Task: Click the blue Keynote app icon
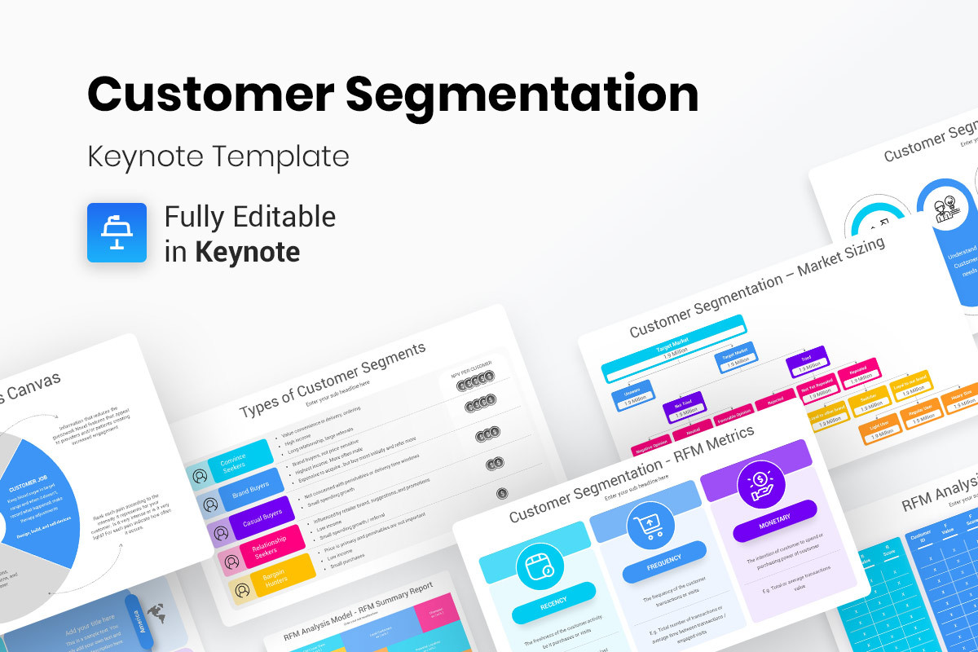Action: point(117,232)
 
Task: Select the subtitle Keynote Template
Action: point(218,156)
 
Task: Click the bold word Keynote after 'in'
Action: point(247,252)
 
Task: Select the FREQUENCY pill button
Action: point(663,566)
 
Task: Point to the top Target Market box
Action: point(673,346)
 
